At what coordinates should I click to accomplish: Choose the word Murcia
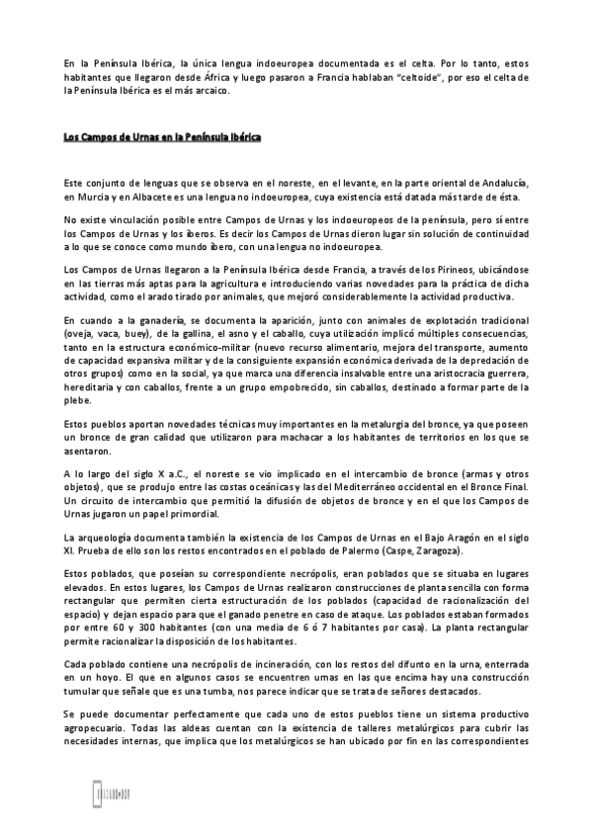click(93, 199)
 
